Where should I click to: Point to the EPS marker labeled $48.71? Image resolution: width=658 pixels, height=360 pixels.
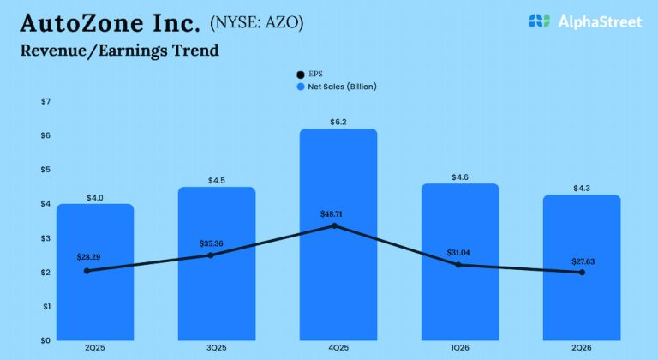334,225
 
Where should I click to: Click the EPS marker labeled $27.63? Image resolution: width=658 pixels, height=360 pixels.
582,273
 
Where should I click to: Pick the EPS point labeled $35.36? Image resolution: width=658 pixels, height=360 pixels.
211,255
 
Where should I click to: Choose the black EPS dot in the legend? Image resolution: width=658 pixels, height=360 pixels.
300,75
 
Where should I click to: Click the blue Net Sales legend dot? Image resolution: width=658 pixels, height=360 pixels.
300,87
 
